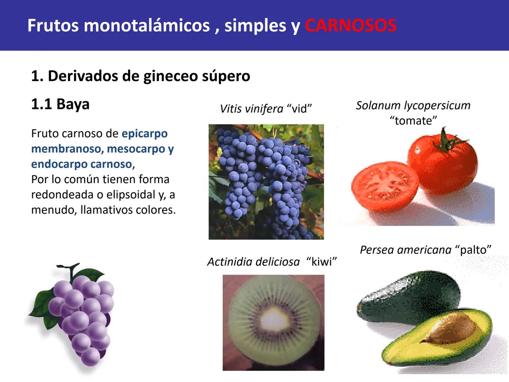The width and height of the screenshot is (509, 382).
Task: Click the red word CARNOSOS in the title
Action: click(351, 25)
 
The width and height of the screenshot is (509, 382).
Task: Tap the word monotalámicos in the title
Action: click(147, 25)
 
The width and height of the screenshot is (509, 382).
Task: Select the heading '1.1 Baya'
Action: click(60, 104)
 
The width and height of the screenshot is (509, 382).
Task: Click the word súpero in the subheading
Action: click(226, 76)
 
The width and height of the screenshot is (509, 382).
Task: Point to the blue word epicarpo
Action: click(145, 134)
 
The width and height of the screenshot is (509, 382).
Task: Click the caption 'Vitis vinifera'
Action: click(251, 109)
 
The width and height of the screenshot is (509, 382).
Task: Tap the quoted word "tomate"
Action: click(413, 121)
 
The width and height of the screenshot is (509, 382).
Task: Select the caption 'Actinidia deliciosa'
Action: click(253, 262)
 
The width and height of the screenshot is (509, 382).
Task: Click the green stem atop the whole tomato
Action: click(446, 141)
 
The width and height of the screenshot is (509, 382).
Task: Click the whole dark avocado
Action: click(406, 294)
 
